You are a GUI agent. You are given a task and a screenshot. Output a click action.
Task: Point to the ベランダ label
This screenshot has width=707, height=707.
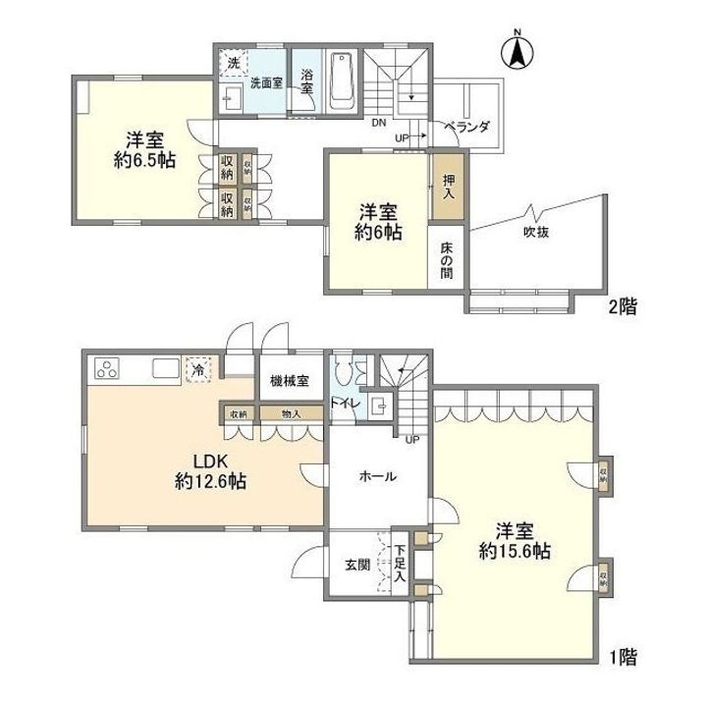pyautogui.click(x=465, y=127)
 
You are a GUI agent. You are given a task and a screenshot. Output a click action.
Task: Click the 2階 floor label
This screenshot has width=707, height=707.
pyautogui.click(x=622, y=306)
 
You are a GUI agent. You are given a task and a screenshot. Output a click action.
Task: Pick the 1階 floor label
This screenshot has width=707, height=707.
pyautogui.click(x=622, y=655)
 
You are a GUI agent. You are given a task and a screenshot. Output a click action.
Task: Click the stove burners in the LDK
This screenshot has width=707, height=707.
pyautogui.click(x=106, y=370)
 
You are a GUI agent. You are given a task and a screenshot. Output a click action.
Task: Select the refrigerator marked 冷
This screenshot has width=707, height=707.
pyautogui.click(x=198, y=370)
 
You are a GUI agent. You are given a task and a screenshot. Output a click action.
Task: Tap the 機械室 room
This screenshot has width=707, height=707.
pyautogui.click(x=289, y=379)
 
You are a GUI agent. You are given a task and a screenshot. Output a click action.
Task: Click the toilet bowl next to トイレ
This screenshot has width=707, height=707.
pyautogui.click(x=344, y=373)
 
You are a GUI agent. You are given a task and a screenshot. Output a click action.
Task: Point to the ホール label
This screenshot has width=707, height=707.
pyautogui.click(x=377, y=476)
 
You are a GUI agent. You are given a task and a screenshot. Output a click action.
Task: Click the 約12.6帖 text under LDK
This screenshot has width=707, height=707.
pyautogui.click(x=210, y=482)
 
